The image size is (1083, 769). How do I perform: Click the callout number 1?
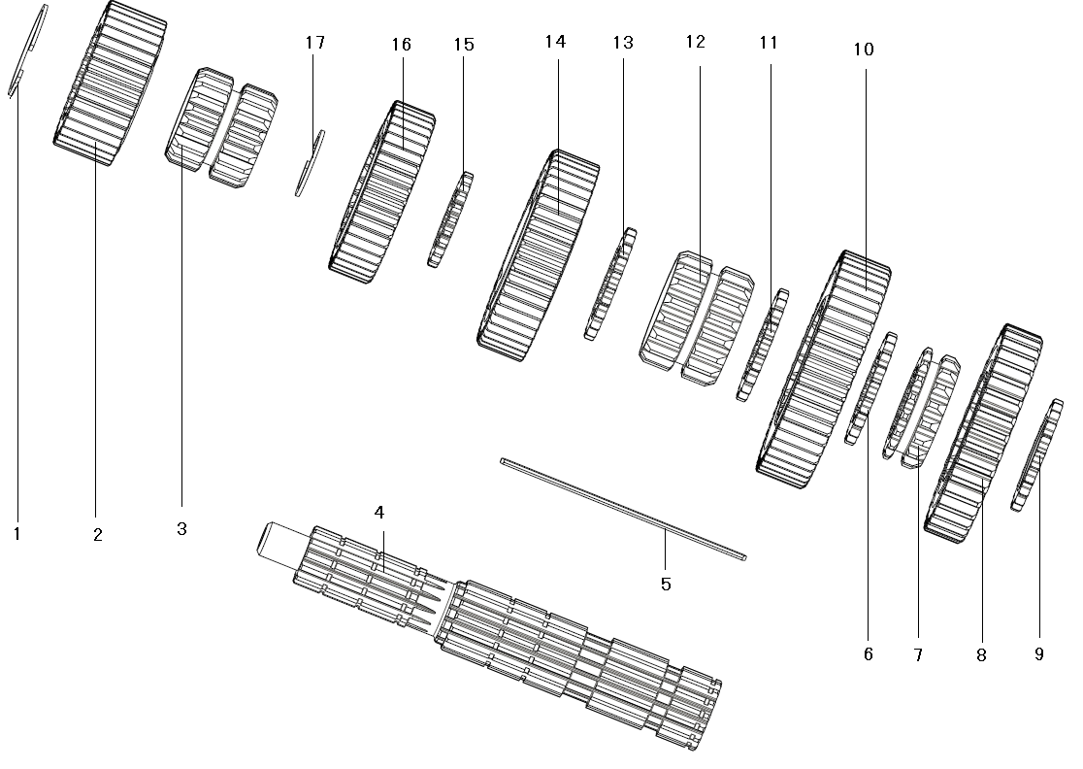(x=16, y=533)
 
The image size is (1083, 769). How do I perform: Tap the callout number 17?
(x=314, y=43)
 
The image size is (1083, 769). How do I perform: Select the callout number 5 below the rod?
(x=666, y=585)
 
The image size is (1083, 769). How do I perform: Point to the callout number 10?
(x=863, y=50)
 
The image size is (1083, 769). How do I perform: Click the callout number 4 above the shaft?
(x=379, y=512)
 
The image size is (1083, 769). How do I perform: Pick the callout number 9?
(x=1038, y=654)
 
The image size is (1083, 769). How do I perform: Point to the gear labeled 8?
(x=982, y=432)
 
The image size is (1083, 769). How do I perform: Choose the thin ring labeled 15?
(x=449, y=220)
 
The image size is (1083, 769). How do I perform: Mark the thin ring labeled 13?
(x=609, y=284)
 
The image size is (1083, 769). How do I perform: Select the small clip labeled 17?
(x=310, y=163)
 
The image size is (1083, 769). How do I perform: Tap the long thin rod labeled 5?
(x=621, y=509)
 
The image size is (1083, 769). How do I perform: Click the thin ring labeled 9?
(x=1035, y=454)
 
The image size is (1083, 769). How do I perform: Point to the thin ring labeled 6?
(x=870, y=388)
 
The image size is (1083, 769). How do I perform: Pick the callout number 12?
(x=694, y=43)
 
